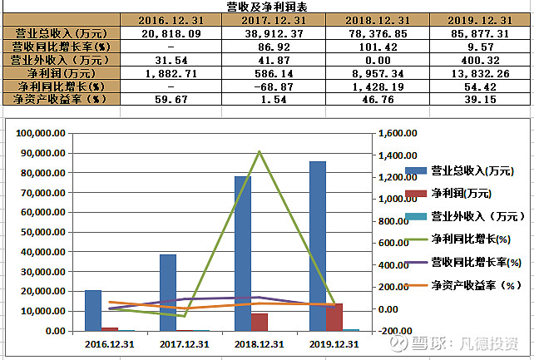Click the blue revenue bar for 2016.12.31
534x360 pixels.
(93, 310)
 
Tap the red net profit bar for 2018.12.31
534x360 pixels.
(260, 322)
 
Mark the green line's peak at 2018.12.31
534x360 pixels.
(260, 151)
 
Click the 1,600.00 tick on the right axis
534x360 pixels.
(394, 134)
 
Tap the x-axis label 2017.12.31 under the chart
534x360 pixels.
(185, 343)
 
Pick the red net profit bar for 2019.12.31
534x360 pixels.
(334, 317)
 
